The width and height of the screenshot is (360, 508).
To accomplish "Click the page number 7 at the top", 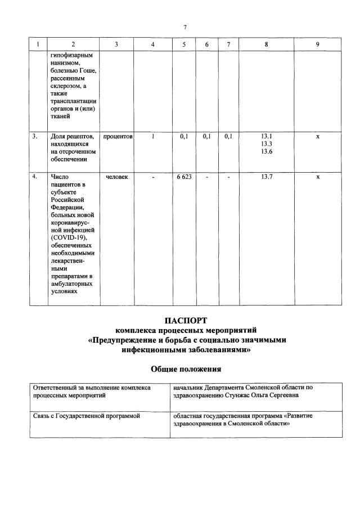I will (x=184, y=27).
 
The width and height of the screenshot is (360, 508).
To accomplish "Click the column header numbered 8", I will (x=267, y=44).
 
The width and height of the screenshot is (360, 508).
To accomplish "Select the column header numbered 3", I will (x=116, y=44).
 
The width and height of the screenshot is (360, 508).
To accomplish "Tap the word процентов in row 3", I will (x=117, y=136).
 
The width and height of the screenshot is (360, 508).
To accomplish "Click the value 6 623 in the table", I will (x=183, y=177).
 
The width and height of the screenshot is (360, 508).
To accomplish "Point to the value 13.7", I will (x=267, y=177).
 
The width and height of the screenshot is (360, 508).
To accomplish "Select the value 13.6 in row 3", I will (x=267, y=151).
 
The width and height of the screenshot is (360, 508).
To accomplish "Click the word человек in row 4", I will (x=117, y=177).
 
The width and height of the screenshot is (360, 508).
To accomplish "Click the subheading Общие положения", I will (x=186, y=369).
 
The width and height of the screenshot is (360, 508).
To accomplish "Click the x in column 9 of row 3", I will (x=318, y=136).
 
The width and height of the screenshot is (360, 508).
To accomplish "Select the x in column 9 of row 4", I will (x=318, y=177).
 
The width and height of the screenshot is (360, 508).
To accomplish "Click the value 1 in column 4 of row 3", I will (x=153, y=136).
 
